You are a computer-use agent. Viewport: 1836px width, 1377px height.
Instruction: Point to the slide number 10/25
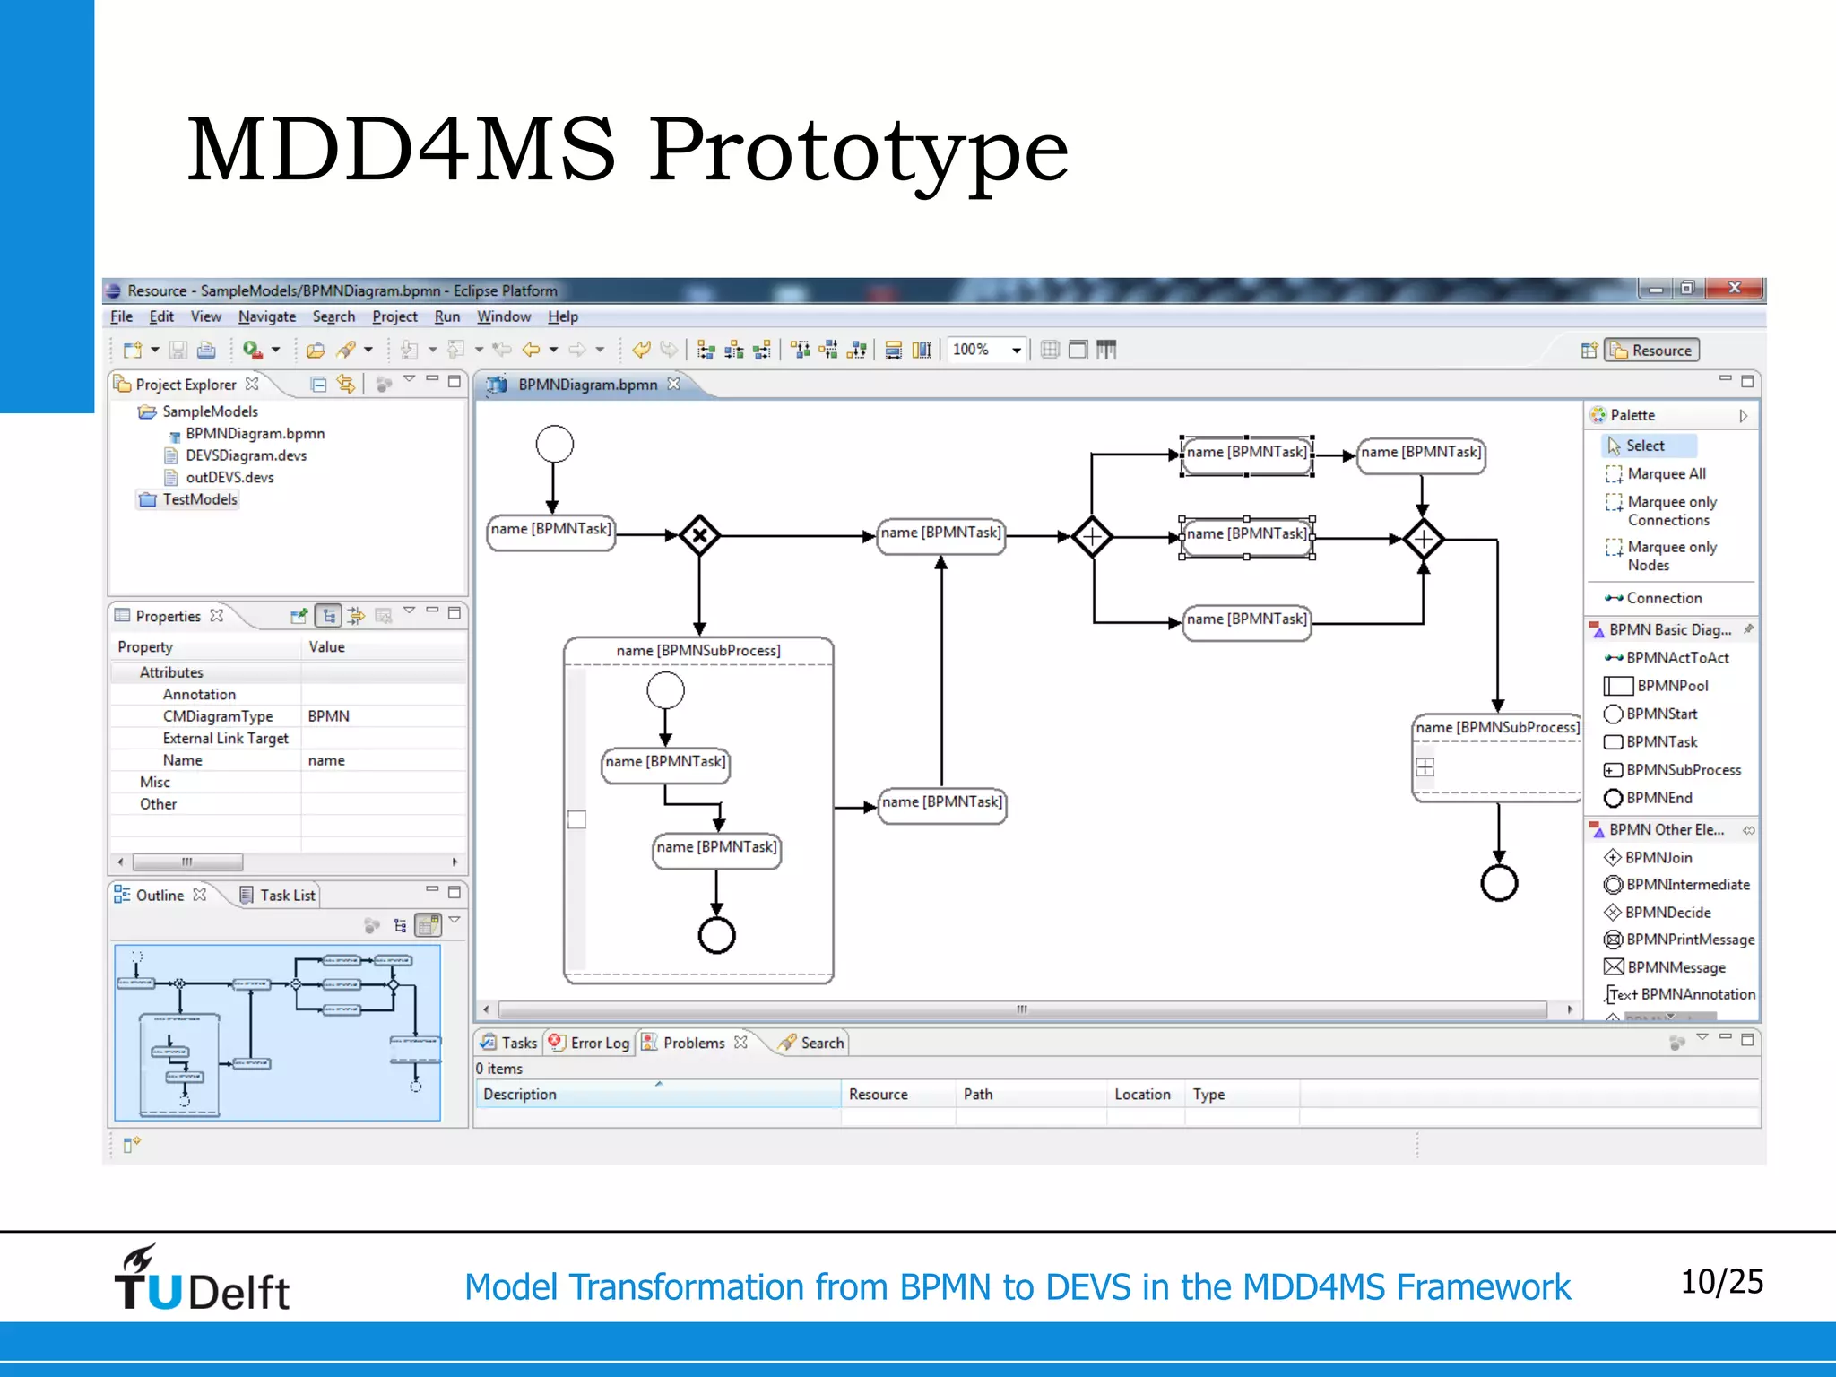(x=1720, y=1282)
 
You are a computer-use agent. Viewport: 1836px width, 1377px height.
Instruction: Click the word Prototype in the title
(x=858, y=150)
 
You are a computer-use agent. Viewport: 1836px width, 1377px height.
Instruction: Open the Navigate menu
(x=266, y=316)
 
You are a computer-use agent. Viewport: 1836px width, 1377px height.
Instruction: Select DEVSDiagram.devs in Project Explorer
(x=246, y=455)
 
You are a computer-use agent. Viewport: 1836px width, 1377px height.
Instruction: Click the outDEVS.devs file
(x=229, y=477)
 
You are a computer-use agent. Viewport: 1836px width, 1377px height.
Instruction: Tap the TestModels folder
(x=199, y=499)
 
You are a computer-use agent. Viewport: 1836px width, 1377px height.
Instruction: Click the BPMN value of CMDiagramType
(x=329, y=716)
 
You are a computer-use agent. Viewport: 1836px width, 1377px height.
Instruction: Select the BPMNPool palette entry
(x=1671, y=686)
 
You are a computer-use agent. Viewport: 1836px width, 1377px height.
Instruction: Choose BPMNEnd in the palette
(x=1658, y=798)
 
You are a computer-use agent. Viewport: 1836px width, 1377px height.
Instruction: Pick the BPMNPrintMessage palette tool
(x=1689, y=940)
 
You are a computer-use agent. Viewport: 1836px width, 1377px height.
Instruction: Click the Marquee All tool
(x=1666, y=473)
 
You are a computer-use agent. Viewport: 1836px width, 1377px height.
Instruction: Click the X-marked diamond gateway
(x=699, y=536)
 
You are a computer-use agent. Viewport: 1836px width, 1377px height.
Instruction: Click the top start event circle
(x=554, y=444)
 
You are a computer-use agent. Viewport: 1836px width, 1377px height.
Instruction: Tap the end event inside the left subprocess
(x=716, y=935)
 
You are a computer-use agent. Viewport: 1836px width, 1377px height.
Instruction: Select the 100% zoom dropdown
(x=986, y=350)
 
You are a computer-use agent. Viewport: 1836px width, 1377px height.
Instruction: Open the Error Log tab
(x=599, y=1043)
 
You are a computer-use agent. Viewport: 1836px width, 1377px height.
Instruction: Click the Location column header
(x=1141, y=1094)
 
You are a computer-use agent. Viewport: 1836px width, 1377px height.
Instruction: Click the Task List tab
(x=287, y=895)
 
